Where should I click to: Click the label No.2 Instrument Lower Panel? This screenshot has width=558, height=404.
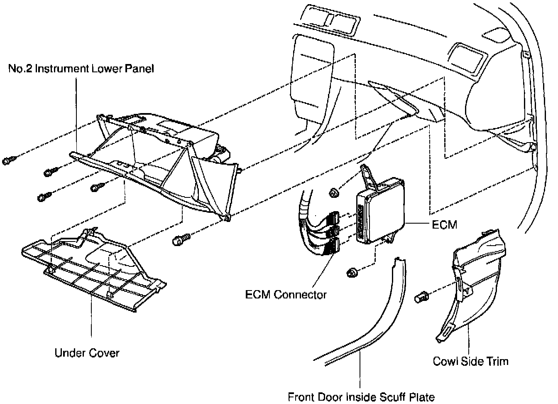pos(81,68)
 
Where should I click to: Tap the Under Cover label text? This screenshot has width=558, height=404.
pos(87,353)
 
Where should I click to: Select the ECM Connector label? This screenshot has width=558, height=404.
pos(286,295)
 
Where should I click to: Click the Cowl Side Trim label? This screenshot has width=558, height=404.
pos(470,361)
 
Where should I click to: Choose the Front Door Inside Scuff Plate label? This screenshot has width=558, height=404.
pos(361,397)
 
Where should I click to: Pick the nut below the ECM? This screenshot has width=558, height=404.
pos(352,273)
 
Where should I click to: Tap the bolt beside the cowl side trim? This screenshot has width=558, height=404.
pos(421,298)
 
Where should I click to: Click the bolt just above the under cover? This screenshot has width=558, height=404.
pos(180,239)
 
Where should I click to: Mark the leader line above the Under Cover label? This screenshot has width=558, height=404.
pos(91,316)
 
